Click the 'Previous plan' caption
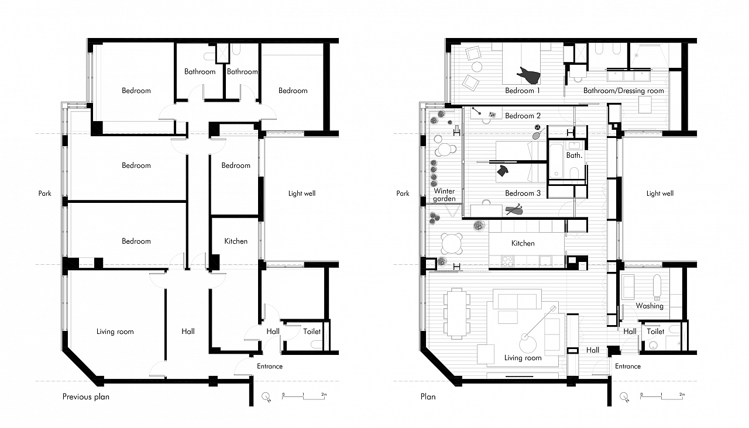85,396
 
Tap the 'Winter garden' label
444,195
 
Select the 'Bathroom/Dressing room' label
623,91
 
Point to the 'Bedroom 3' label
523,193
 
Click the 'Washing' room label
650,306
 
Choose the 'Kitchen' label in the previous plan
236,241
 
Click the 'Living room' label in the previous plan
115,332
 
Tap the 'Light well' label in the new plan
659,193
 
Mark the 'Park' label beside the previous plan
45,193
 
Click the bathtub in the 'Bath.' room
556,160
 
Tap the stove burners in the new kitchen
507,261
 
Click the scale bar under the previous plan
304,396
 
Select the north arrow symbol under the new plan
624,396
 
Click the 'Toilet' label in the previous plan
312,332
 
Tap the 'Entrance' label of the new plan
628,366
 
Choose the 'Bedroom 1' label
523,91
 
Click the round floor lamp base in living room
528,344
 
